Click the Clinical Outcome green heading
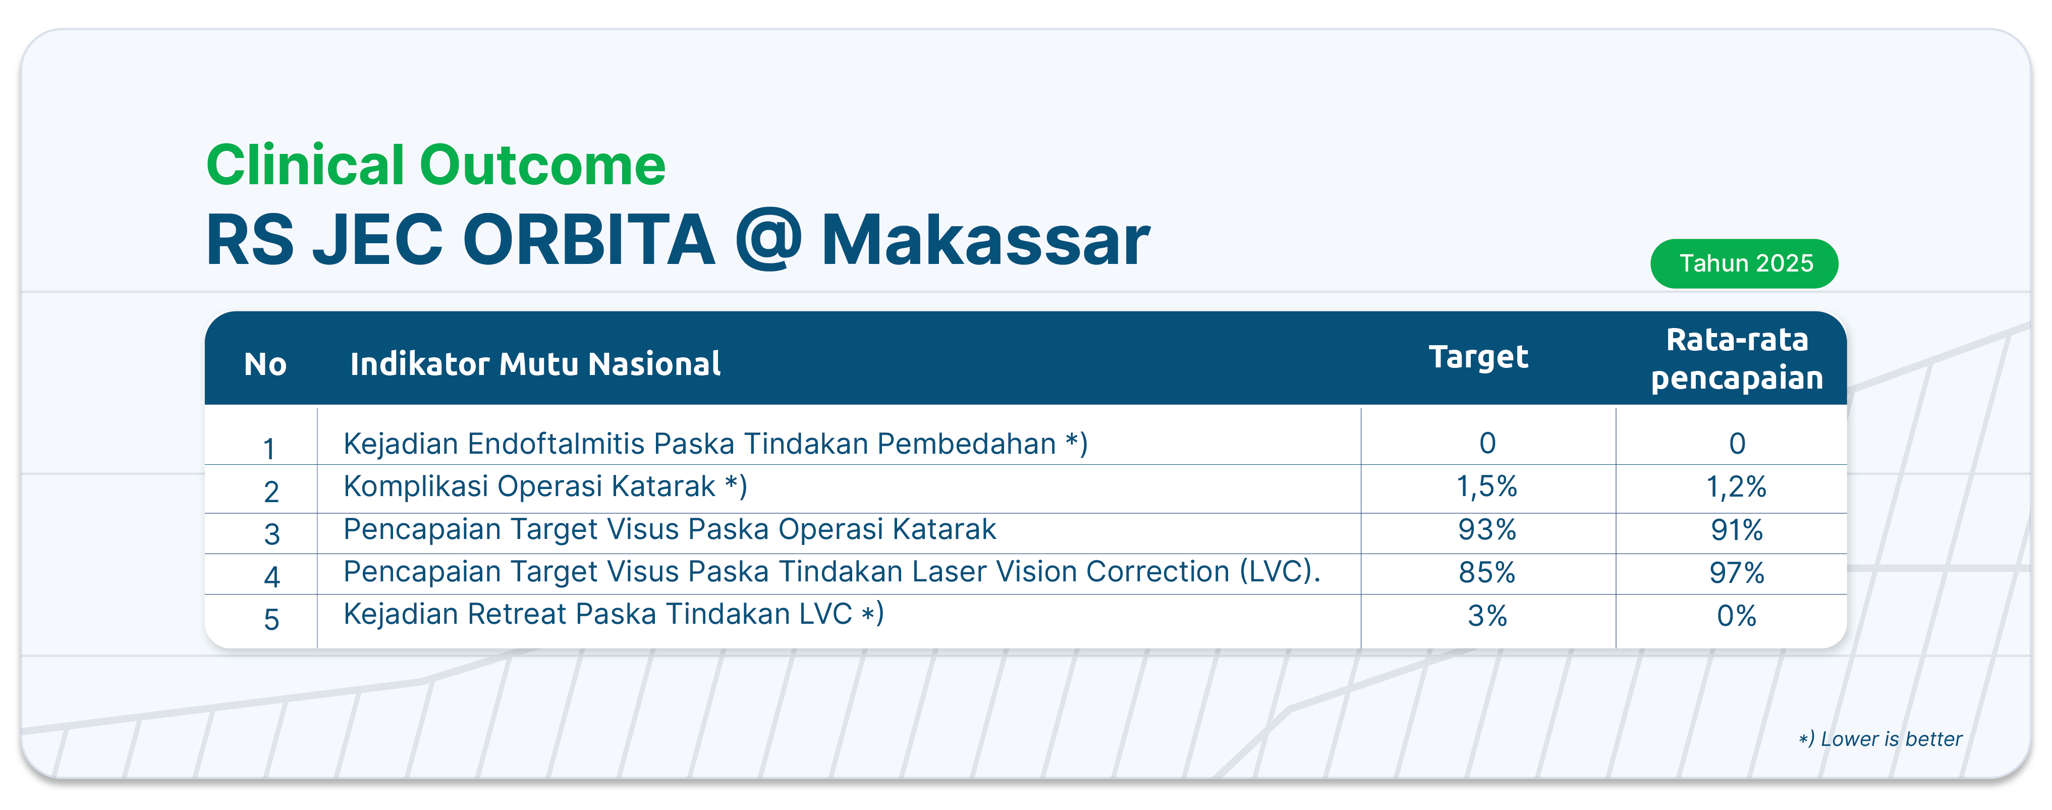point(436,165)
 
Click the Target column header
point(1478,357)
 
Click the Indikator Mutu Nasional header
point(535,364)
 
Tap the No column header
point(265,364)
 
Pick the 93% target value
point(1487,529)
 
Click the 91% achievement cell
point(1737,529)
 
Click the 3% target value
point(1487,616)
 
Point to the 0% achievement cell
point(1737,616)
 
